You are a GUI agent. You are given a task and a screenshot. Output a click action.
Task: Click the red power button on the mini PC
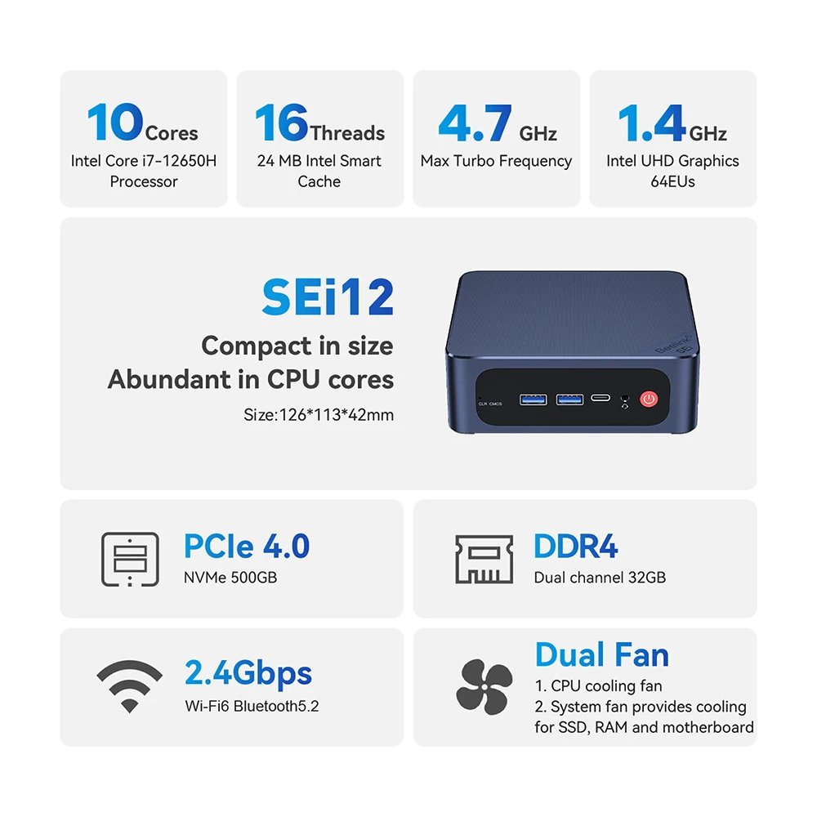649,400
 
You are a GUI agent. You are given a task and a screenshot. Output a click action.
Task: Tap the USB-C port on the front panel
600,398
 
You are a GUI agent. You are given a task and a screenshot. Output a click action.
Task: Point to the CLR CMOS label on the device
490,404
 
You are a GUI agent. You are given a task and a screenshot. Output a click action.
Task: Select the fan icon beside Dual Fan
484,687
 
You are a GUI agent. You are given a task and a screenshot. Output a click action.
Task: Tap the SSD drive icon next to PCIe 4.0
130,559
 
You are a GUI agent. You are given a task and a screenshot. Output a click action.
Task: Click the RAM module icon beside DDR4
484,559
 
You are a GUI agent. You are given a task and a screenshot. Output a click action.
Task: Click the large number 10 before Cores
115,123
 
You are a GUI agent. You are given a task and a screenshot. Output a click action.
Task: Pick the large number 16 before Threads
282,123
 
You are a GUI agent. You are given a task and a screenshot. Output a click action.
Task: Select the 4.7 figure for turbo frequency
475,123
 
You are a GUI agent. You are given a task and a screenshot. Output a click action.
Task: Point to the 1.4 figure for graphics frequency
651,123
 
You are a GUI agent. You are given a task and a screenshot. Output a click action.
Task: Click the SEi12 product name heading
328,297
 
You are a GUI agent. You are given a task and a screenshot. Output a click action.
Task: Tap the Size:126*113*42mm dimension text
319,415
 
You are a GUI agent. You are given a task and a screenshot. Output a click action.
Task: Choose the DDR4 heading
576,546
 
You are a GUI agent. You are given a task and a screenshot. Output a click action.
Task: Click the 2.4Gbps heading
248,672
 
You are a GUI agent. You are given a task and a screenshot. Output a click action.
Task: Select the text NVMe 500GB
230,578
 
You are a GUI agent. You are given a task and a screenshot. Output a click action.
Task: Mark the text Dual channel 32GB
600,578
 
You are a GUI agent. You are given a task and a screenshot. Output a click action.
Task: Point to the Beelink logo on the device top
673,343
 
